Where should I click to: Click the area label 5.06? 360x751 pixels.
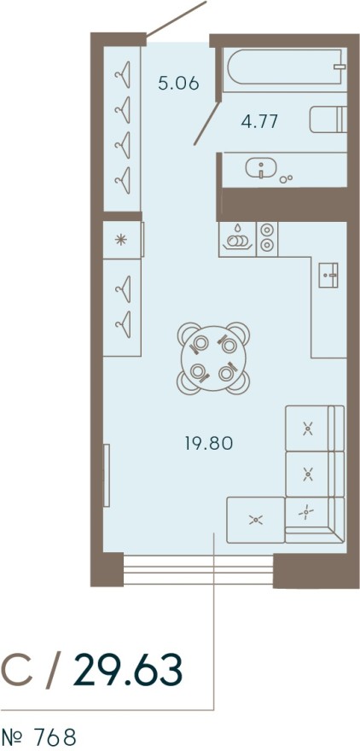[178, 84]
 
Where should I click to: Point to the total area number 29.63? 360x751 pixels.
[128, 671]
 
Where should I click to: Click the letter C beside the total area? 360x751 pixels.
[18, 672]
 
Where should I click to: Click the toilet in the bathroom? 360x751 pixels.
[329, 119]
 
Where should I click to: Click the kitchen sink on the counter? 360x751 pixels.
[329, 275]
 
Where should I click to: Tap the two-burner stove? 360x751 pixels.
[267, 237]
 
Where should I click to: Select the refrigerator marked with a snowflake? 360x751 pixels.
[122, 239]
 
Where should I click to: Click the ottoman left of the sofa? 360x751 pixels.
[255, 518]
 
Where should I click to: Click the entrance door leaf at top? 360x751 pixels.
[177, 19]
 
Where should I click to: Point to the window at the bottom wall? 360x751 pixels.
[198, 566]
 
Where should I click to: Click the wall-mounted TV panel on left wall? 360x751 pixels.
[107, 474]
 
